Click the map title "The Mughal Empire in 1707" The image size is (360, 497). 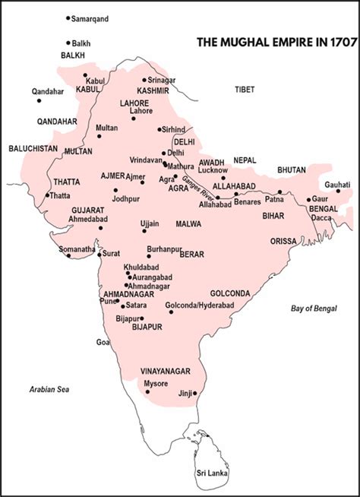coord(276,43)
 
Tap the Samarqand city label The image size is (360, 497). coord(89,17)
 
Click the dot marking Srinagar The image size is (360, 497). coord(144,80)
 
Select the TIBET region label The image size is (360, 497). coord(245,90)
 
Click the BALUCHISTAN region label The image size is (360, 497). coord(33,149)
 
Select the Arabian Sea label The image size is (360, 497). coord(49,389)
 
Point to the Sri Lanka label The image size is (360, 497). coord(212,473)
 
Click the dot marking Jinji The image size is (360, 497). coord(196,393)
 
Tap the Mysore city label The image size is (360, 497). coord(157,383)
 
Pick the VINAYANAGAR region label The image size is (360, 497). coord(165,371)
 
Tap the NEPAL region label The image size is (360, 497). coord(245,161)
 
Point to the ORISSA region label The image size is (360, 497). coord(283,240)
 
